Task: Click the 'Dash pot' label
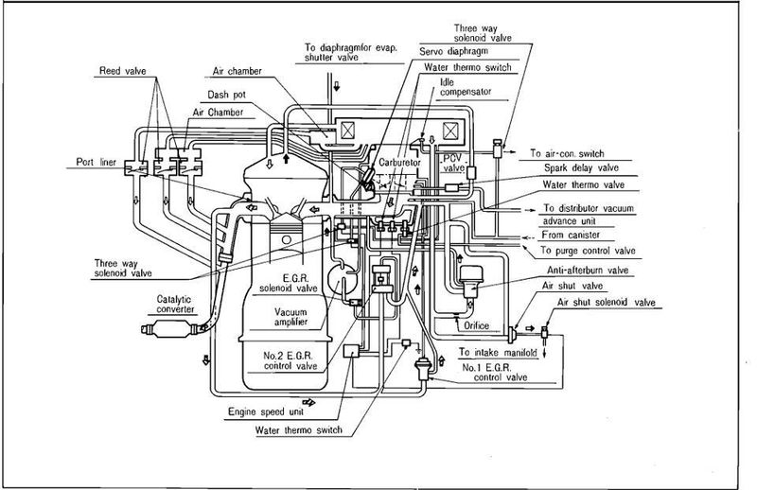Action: click(x=228, y=95)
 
